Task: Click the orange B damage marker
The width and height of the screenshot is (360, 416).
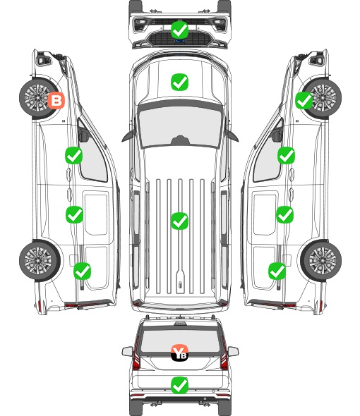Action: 56,100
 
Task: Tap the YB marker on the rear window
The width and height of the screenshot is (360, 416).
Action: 179,353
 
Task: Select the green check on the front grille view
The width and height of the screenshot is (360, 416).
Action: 179,30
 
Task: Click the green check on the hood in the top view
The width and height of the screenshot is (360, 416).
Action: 179,82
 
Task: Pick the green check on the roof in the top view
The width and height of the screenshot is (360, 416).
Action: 179,221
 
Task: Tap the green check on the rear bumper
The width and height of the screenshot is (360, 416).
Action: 179,385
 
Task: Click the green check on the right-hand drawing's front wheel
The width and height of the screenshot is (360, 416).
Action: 304,101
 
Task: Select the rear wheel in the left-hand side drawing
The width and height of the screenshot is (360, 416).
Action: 40,260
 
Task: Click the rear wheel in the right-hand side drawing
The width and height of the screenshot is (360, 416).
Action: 321,260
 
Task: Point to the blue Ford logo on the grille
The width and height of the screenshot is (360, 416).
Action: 179,41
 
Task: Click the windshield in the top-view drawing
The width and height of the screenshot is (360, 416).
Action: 180,127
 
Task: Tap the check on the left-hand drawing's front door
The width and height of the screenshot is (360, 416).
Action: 73,155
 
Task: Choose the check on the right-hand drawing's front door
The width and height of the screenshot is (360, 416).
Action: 286,155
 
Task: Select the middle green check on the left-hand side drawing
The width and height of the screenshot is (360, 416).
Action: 74,214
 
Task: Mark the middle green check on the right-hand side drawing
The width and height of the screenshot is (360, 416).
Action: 285,214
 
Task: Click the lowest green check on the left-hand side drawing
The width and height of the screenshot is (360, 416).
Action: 82,271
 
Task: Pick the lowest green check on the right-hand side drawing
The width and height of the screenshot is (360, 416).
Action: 277,271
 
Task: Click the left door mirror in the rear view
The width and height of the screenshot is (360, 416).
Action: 128,351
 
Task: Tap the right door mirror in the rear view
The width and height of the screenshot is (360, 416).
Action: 233,351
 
